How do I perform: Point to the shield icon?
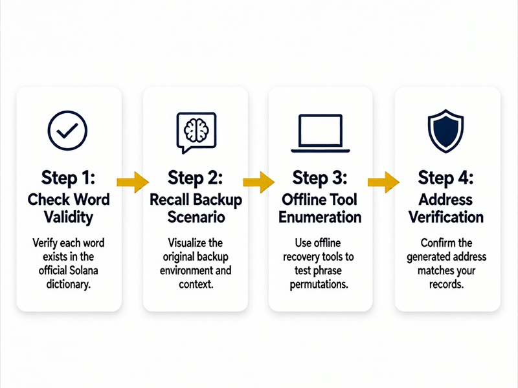(445, 131)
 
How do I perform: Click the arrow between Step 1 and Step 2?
(133, 182)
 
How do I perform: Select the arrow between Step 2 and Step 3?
(258, 182)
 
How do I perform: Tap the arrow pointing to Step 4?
(383, 182)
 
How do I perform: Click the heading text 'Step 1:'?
(69, 178)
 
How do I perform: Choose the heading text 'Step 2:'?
(196, 178)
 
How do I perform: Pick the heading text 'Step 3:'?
(320, 178)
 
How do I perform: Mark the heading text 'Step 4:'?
(445, 178)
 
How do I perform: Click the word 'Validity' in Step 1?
(69, 218)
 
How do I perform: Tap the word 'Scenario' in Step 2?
(196, 217)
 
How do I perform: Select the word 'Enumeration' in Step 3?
(320, 217)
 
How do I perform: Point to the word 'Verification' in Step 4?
(446, 217)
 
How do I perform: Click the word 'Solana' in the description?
(83, 270)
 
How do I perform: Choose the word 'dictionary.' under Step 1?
(69, 285)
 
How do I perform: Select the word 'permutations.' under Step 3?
(319, 285)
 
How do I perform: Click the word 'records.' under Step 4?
(446, 285)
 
